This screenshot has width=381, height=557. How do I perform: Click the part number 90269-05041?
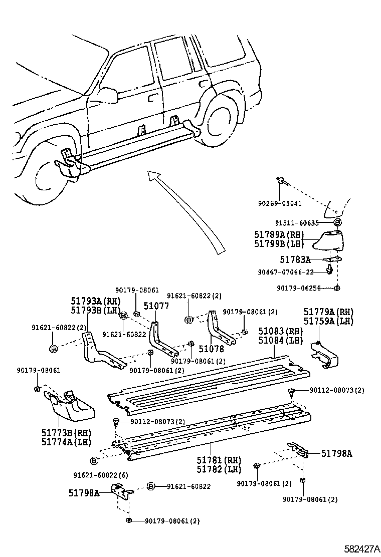pyautogui.click(x=280, y=203)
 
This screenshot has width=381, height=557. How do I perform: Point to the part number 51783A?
pyautogui.click(x=295, y=259)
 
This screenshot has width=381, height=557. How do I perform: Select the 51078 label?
pyautogui.click(x=212, y=349)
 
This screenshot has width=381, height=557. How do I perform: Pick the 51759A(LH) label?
pyautogui.click(x=328, y=321)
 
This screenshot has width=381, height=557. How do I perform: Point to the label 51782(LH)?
pyautogui.click(x=219, y=469)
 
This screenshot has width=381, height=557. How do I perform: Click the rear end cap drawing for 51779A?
pyautogui.click(x=324, y=355)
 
